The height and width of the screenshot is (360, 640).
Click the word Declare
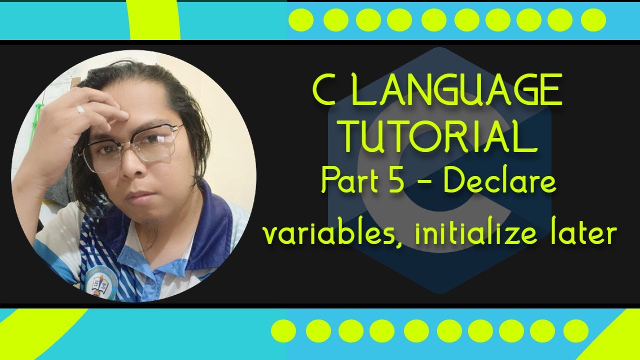tap(499, 181)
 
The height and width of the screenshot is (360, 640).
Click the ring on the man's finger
tap(80, 109)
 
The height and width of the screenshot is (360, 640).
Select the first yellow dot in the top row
tap(301, 20)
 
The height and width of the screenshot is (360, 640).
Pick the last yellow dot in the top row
tap(593, 20)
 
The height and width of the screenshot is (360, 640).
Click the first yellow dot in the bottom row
tap(283, 331)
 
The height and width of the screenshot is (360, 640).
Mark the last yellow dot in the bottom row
tap(576, 331)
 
